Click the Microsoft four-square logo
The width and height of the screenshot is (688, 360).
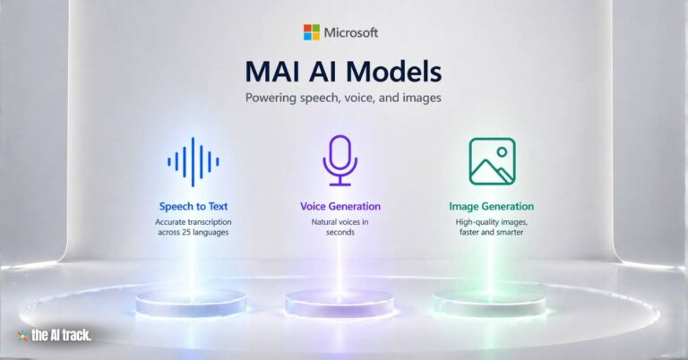point(312,32)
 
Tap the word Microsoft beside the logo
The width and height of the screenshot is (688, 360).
point(351,32)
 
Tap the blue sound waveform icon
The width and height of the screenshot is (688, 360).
point(193,161)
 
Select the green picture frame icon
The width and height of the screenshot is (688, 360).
point(492,161)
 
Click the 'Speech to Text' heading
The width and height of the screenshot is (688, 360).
point(193,206)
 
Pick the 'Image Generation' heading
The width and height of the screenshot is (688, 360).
point(492,206)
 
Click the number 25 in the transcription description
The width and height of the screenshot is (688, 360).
point(184,232)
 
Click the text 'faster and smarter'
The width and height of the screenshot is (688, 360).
point(492,232)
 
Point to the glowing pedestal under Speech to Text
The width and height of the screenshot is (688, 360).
point(191,302)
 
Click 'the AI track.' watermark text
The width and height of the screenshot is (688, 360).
point(60,336)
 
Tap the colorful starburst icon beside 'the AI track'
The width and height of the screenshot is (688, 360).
point(22,336)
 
